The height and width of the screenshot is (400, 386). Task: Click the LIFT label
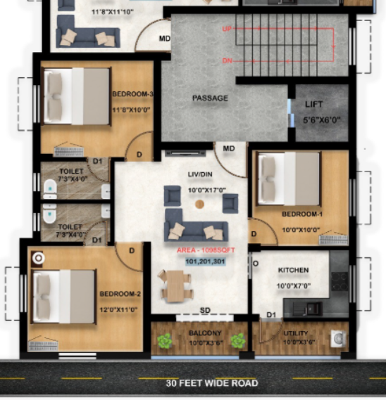tap(314, 104)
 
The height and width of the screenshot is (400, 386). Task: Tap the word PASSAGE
tap(210, 98)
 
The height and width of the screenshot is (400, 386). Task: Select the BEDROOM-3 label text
tap(132, 93)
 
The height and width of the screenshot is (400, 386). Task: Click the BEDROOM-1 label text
tap(301, 214)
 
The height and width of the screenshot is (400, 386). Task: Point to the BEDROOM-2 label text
tap(120, 293)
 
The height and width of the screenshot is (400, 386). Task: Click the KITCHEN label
tap(293, 270)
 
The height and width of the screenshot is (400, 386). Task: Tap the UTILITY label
tap(295, 333)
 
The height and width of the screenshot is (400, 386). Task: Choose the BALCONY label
tap(205, 333)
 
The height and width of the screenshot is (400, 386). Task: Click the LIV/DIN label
tap(200, 174)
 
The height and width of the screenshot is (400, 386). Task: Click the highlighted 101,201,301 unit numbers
tap(205, 261)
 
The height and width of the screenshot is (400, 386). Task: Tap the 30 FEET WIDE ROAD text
tap(212, 383)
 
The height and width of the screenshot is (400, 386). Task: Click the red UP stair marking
tap(227, 30)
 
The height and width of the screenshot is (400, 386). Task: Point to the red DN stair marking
tap(227, 60)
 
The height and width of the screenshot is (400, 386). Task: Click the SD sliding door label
tap(205, 310)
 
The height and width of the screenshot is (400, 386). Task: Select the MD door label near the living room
tap(229, 149)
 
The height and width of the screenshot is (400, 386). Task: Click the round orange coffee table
tap(199, 205)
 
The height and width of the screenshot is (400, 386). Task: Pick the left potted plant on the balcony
tap(165, 341)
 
